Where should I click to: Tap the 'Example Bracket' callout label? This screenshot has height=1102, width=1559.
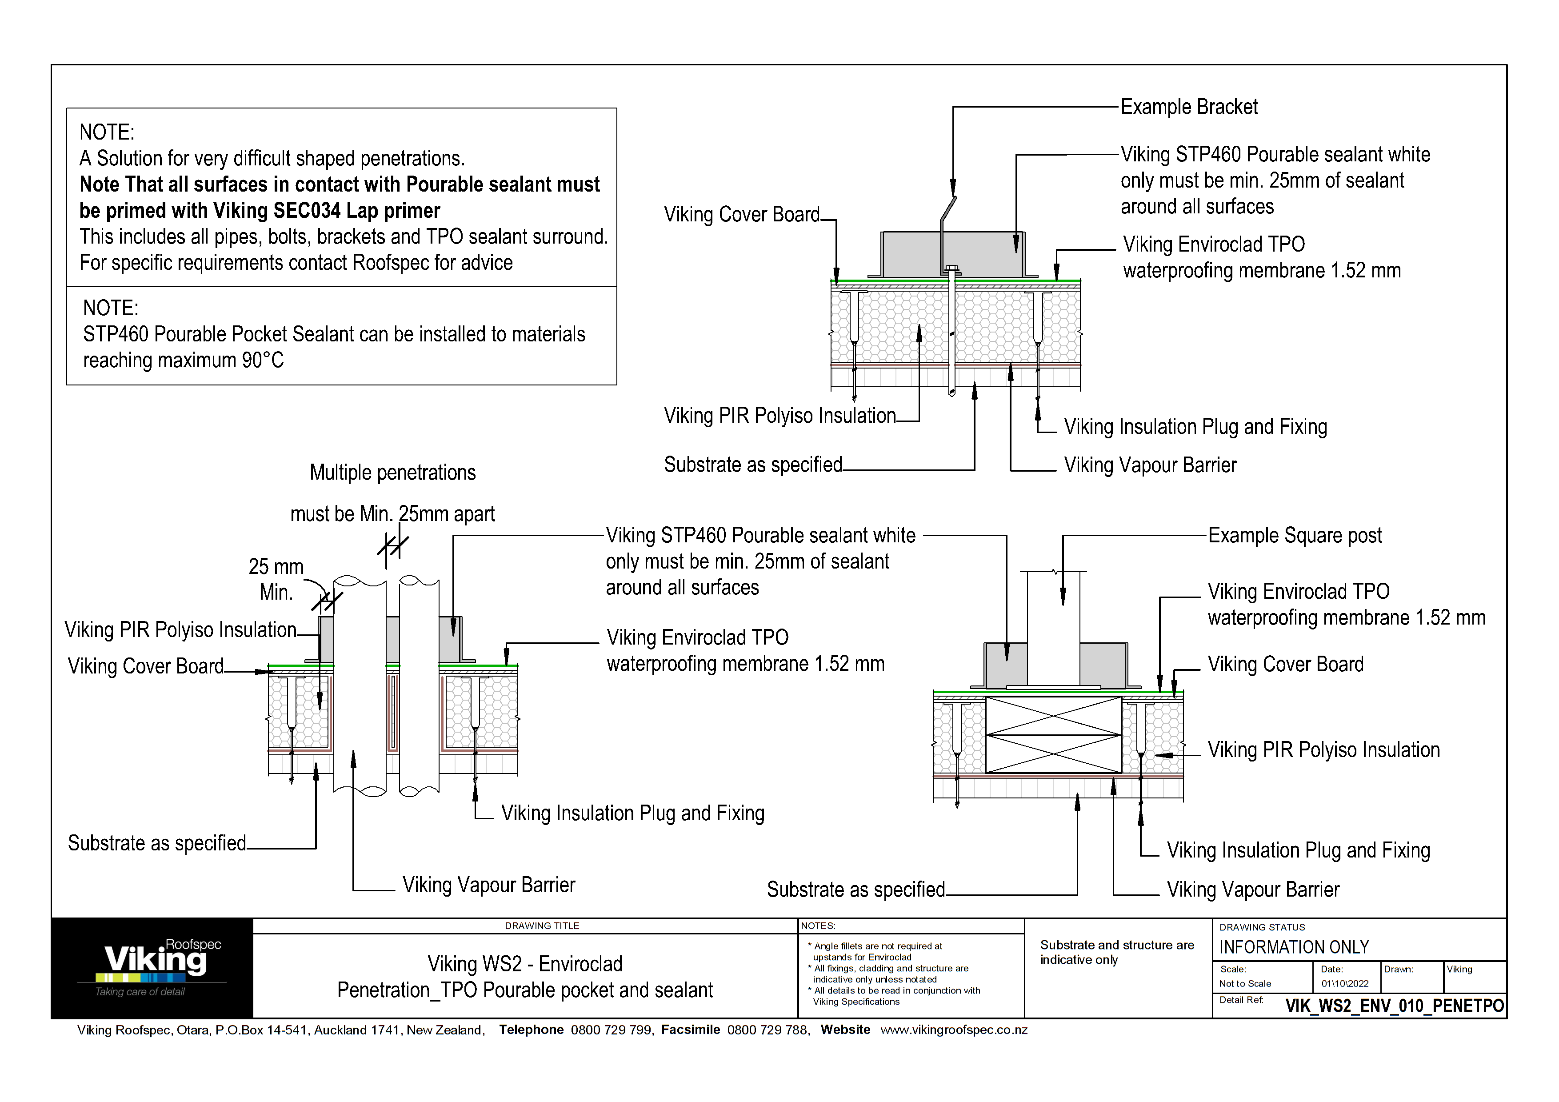click(x=1189, y=107)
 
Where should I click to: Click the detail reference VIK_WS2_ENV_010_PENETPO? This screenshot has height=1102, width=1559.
click(x=1394, y=1006)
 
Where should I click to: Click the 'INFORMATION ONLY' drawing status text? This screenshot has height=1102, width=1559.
click(x=1294, y=947)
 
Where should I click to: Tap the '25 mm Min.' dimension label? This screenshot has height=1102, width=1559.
click(x=276, y=579)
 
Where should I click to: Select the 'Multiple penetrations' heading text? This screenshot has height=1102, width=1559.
click(x=392, y=473)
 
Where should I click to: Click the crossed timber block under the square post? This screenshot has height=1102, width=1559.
click(x=1053, y=735)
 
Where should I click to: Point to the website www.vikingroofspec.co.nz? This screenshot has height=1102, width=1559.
click(x=954, y=1030)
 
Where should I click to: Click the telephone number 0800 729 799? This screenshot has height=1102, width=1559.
click(x=611, y=1030)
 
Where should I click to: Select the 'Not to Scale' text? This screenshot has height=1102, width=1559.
click(x=1245, y=983)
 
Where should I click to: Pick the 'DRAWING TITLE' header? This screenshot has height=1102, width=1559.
click(x=542, y=926)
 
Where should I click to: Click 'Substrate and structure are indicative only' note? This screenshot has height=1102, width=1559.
click(x=1117, y=952)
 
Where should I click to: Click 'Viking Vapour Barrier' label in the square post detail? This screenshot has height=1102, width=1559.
click(x=1253, y=890)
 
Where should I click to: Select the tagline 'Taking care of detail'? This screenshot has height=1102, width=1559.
click(x=140, y=992)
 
